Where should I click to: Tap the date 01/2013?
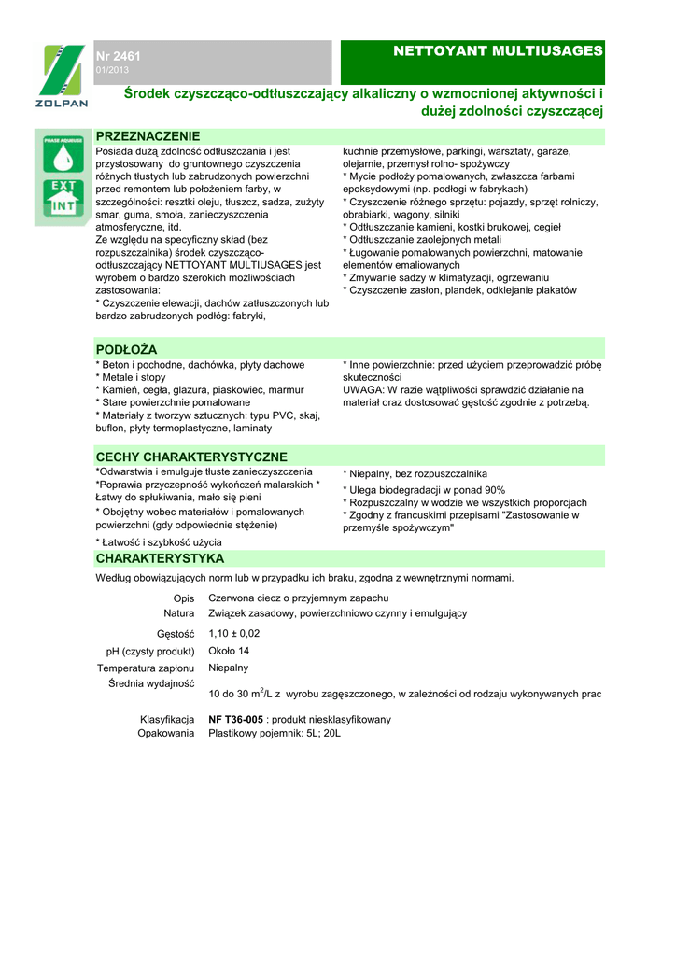(112, 71)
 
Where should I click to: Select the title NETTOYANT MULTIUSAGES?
(499, 49)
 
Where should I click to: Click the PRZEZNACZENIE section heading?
(148, 136)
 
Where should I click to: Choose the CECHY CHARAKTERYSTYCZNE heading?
(191, 457)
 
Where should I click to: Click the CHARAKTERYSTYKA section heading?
(160, 558)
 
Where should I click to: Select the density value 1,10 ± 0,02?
(234, 633)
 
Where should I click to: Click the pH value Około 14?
(230, 651)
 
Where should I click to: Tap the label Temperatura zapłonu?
(146, 668)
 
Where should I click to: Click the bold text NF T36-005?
(236, 719)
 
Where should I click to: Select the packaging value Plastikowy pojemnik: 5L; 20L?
(275, 734)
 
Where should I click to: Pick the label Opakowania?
(166, 734)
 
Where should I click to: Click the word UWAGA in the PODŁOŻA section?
(362, 389)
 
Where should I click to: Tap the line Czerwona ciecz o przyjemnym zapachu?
(298, 597)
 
